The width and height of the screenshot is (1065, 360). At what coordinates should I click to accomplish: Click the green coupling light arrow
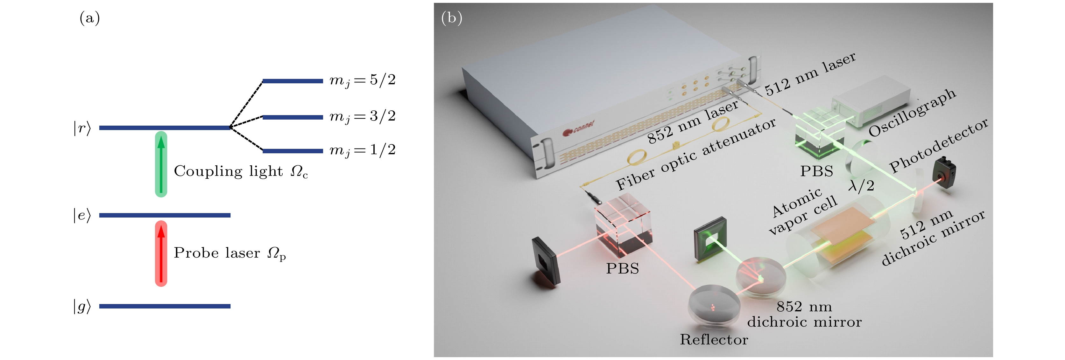coord(161,164)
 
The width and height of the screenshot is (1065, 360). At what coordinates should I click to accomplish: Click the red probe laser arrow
coord(161,253)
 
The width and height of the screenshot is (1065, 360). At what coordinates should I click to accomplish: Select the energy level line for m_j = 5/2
coord(292,81)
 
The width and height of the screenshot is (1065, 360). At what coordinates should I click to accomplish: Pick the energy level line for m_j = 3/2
coord(292,117)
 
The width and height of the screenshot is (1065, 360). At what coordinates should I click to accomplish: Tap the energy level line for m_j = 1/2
coord(292,151)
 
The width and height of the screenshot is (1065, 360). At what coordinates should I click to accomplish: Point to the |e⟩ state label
coord(82,215)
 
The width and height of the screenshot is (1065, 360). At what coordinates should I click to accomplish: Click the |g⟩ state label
coord(82,306)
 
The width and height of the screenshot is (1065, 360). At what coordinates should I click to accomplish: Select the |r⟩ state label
coord(82,128)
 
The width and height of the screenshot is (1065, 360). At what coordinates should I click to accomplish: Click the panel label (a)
coord(89,18)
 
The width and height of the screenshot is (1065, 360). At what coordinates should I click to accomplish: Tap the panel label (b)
coord(451,18)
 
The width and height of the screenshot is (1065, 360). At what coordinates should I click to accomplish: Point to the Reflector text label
coord(714,339)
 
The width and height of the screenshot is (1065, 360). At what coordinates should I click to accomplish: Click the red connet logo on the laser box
coord(578,128)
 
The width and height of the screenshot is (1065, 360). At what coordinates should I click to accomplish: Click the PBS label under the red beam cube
coord(622,269)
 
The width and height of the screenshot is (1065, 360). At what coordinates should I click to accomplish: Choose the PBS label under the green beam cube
coord(816,171)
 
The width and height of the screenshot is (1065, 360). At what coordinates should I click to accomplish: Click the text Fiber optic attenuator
coord(695,153)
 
